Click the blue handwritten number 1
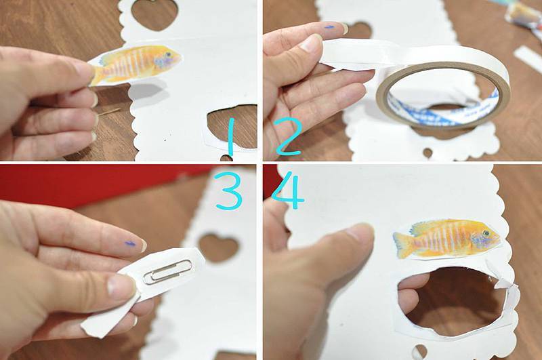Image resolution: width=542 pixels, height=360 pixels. pos(231,136)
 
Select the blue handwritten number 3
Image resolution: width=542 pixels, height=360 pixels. pos(228,191)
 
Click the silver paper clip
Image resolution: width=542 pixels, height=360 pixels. pos(167,271)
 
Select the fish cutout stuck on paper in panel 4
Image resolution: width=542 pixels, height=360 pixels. pos(446,239)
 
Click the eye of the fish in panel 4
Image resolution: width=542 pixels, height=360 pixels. pos(486,233)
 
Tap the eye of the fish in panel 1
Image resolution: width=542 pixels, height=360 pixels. pos(168,55)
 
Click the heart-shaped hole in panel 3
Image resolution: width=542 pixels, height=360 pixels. pos(219,248)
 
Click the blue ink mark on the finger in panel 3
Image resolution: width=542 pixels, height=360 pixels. pos(130,244)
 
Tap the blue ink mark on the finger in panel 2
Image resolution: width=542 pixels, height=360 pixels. pos(330,26)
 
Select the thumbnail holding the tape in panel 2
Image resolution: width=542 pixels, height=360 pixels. pos(311,43)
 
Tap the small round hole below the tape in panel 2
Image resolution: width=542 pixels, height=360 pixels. pos(428,153)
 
